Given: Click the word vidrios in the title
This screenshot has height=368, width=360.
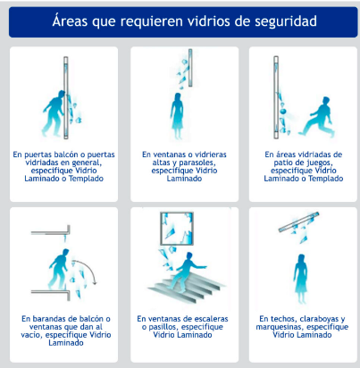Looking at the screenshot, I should point(192,21).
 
